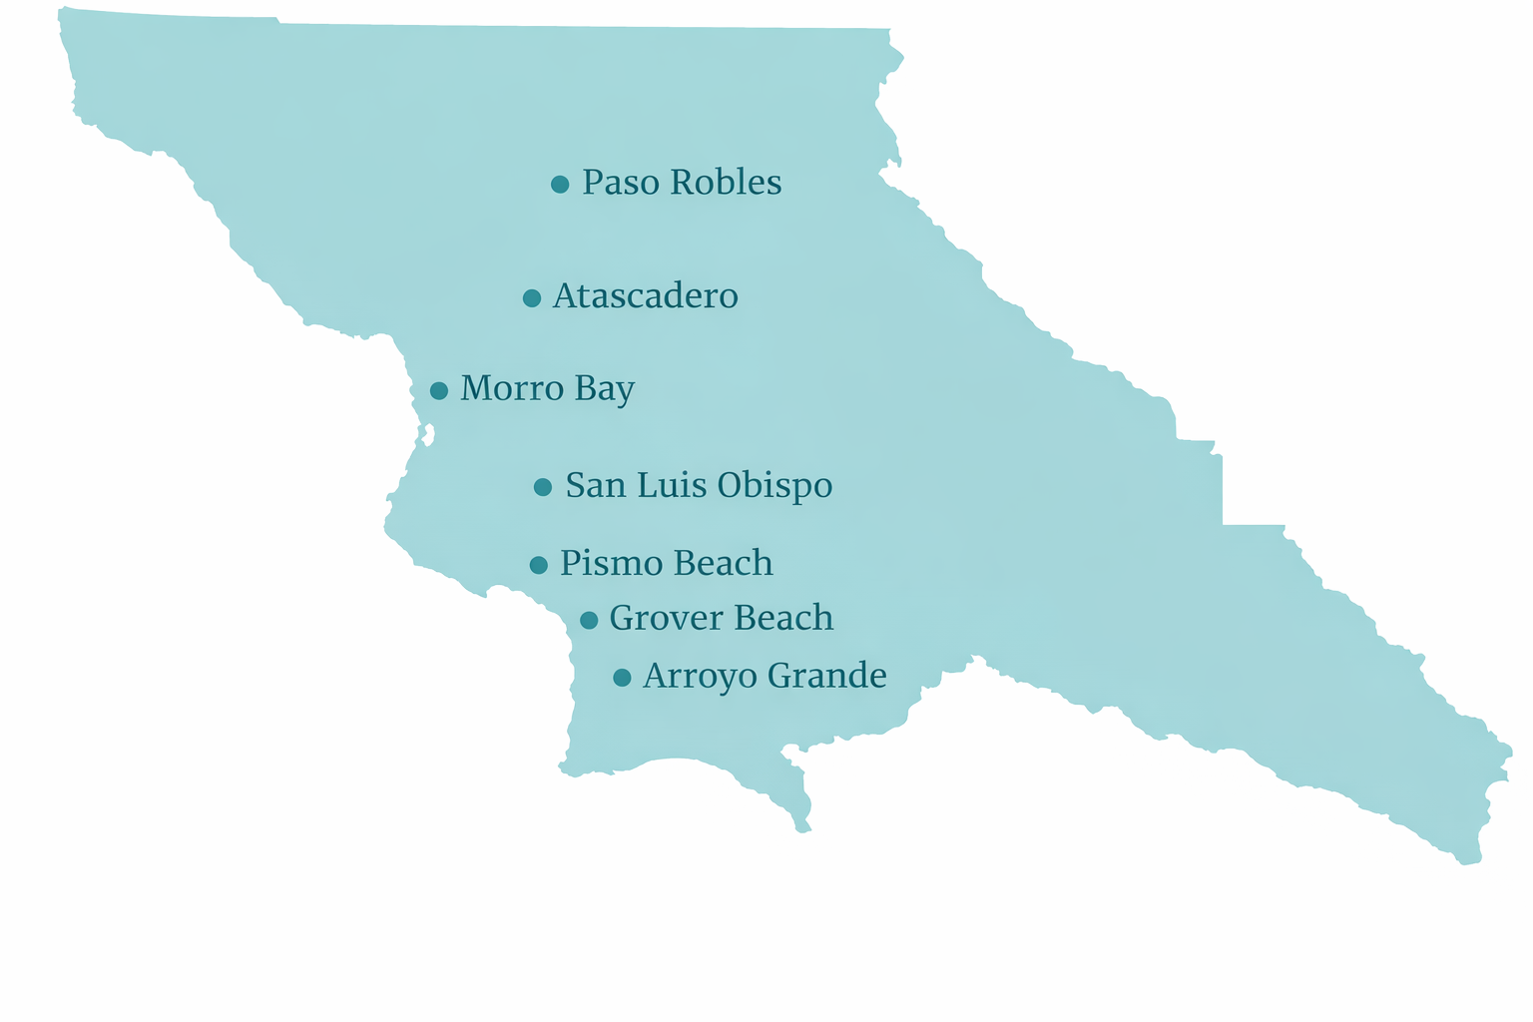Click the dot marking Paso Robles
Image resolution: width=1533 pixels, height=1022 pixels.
560,184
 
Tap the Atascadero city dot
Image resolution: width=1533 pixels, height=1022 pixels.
532,297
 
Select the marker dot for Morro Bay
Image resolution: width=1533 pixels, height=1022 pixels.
439,390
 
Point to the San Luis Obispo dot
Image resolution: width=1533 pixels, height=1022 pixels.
543,487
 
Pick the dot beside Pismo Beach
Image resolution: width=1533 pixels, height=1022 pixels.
539,565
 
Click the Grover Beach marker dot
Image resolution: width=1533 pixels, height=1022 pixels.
589,620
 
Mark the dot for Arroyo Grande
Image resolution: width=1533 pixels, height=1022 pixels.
622,678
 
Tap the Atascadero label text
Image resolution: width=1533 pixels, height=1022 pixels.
645,296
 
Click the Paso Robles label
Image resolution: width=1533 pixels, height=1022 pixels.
682,183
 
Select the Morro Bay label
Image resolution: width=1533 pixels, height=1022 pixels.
547,389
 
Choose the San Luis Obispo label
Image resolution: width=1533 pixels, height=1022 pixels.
699,486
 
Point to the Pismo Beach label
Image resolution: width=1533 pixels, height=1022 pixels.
666,564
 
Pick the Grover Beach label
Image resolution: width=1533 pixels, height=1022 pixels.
721,619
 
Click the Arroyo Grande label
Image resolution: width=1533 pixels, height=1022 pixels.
765,677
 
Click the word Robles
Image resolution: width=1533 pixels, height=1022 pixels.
726,183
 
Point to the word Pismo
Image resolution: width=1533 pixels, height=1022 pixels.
602,564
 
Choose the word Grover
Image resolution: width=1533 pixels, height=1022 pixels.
659,619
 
